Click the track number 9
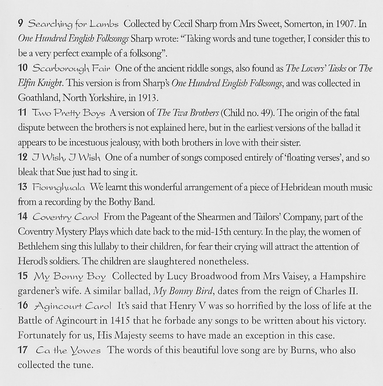20,23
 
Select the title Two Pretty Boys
69,113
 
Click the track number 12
23,157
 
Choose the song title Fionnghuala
59,188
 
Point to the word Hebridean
301,188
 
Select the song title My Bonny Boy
70,277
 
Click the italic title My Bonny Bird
183,291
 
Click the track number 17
23,350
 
